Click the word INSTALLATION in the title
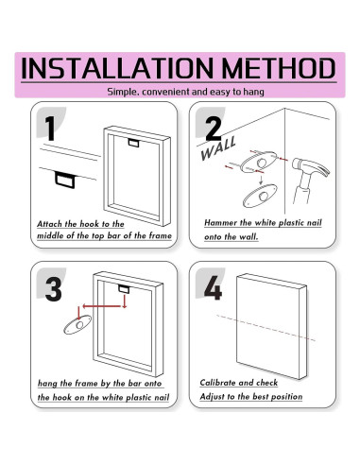(x=117, y=68)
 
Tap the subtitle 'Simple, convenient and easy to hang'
(x=185, y=92)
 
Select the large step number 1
(x=50, y=128)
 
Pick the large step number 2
(x=214, y=129)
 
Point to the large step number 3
(x=53, y=289)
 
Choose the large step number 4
(x=213, y=287)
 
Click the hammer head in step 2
(x=310, y=168)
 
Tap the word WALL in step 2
(x=218, y=148)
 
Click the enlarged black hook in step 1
(x=65, y=180)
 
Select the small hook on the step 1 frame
(x=133, y=143)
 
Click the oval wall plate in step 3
(x=77, y=324)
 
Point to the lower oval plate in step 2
(x=260, y=196)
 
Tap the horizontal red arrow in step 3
(x=102, y=306)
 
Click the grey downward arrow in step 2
(x=261, y=180)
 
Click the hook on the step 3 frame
(x=124, y=289)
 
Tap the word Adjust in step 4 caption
(x=211, y=397)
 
